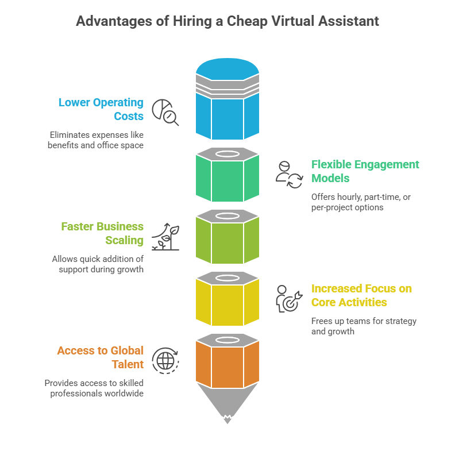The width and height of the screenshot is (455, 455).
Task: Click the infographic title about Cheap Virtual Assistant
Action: pyautogui.click(x=227, y=21)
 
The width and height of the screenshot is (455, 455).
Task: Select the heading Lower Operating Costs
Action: pyautogui.click(x=101, y=109)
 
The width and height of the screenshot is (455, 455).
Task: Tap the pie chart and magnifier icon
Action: pyautogui.click(x=165, y=112)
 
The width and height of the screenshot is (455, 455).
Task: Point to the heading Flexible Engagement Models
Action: pyautogui.click(x=365, y=171)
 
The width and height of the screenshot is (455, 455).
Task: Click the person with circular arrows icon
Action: pyautogui.click(x=288, y=175)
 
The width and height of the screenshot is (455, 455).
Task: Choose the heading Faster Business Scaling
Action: pyautogui.click(x=102, y=233)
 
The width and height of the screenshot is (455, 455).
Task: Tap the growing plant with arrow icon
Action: pyautogui.click(x=165, y=236)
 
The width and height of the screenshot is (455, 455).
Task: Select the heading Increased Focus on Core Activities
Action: pyautogui.click(x=361, y=295)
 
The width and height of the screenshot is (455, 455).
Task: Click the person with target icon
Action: pyautogui.click(x=288, y=298)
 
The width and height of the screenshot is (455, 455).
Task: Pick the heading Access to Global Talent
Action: pyautogui.click(x=101, y=357)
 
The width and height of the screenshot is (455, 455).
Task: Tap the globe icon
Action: pyautogui.click(x=165, y=361)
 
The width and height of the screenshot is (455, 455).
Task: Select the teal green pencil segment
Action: pyautogui.click(x=227, y=179)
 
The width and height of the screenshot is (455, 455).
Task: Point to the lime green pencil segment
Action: pyautogui.click(x=227, y=241)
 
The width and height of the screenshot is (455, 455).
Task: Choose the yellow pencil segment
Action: pyautogui.click(x=227, y=303)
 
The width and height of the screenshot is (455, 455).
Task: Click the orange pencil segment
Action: pyautogui.click(x=227, y=365)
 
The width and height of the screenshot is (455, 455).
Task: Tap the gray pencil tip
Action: pyautogui.click(x=227, y=402)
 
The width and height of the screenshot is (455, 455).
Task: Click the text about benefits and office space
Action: pyautogui.click(x=97, y=140)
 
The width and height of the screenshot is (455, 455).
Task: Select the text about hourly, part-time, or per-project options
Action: pyautogui.click(x=361, y=202)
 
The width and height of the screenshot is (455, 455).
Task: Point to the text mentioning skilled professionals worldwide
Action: pyautogui.click(x=94, y=388)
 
